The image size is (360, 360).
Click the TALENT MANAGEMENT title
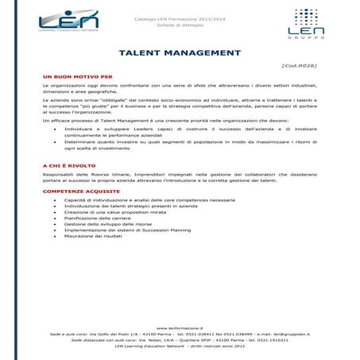(179, 52)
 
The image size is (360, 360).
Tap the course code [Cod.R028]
(300, 68)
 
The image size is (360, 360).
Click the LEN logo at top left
(64, 23)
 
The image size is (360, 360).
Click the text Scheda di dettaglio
(180, 25)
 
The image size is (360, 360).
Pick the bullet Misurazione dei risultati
(93, 235)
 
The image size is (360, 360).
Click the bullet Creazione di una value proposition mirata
(114, 211)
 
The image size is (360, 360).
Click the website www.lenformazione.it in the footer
(180, 327)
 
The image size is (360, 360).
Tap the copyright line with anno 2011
(180, 346)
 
